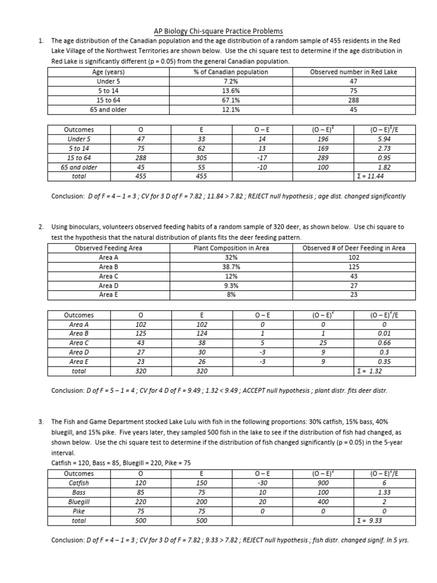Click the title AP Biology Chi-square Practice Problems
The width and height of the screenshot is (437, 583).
[x=218, y=31]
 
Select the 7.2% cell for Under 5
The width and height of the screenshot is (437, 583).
[x=230, y=81]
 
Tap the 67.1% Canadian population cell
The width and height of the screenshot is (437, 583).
[x=230, y=100]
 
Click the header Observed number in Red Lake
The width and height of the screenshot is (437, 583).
[x=353, y=72]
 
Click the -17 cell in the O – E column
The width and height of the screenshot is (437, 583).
[x=262, y=158]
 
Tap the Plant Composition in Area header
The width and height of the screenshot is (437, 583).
[x=230, y=248]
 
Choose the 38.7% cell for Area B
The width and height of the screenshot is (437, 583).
[x=230, y=266]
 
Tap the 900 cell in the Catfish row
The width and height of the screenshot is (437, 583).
[x=323, y=483]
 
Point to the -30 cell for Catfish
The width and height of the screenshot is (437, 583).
[x=262, y=483]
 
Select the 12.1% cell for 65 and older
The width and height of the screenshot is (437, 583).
[x=230, y=109]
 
